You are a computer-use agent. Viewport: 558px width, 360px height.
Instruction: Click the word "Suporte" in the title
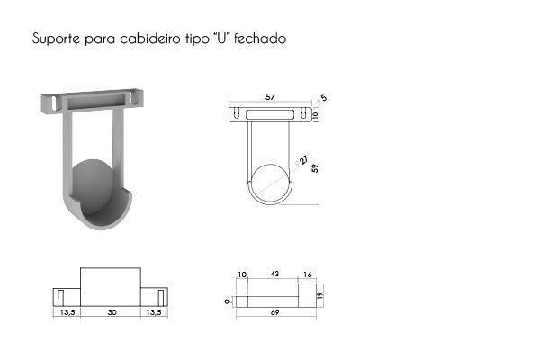pos(56,39)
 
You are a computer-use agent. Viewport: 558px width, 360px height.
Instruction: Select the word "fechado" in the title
pos(260,39)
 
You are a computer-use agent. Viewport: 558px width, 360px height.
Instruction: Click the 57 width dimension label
pos(271,97)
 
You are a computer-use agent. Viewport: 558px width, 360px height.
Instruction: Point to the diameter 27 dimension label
pos(303,159)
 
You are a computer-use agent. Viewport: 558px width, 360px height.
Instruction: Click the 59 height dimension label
pos(315,168)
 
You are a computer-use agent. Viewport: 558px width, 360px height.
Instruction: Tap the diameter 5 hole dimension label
pos(323,98)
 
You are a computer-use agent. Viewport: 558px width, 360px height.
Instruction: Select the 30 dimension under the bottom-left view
pos(112,312)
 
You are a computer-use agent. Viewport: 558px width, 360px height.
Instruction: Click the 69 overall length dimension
pos(275,312)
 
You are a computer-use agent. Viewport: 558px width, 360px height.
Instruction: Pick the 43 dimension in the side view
pos(274,274)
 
